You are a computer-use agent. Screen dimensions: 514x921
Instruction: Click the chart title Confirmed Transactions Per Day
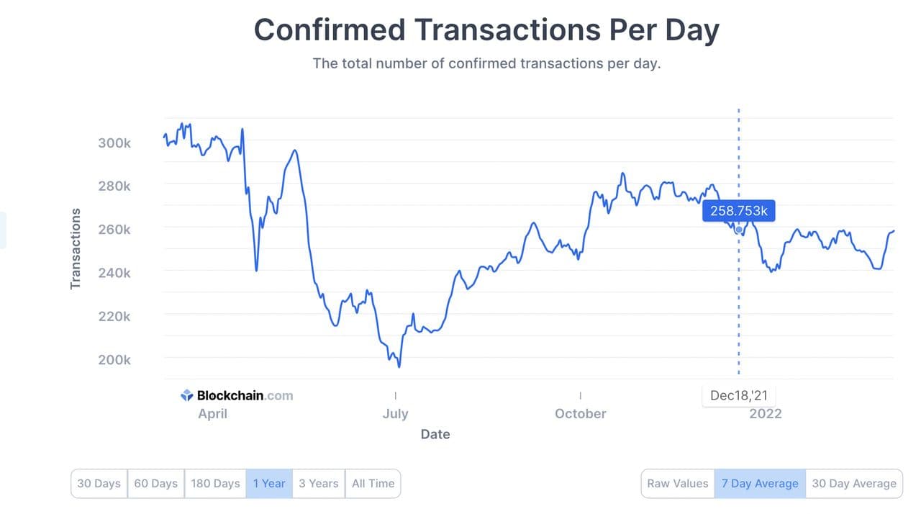click(486, 30)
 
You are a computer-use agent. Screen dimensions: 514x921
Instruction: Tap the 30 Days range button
click(99, 484)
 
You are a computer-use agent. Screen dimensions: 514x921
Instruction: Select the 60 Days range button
click(155, 484)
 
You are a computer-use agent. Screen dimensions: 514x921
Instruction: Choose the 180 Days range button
click(215, 484)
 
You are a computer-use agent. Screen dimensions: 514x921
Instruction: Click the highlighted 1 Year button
click(269, 484)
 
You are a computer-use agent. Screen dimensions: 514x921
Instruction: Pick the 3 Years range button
click(318, 484)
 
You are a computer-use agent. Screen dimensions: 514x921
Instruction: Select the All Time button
click(373, 484)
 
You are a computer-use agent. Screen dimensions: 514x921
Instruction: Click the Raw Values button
click(677, 484)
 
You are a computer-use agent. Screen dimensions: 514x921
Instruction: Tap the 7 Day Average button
click(760, 484)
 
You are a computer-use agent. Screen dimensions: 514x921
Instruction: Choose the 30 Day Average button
click(854, 484)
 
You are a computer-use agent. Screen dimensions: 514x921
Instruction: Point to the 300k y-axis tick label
click(114, 143)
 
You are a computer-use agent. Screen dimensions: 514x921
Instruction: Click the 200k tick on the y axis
click(114, 359)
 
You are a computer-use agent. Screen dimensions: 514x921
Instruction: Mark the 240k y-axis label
click(114, 273)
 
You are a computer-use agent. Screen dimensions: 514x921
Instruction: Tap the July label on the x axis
click(395, 414)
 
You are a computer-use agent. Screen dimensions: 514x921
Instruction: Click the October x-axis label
click(581, 414)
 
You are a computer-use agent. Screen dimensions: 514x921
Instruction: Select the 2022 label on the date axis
click(765, 414)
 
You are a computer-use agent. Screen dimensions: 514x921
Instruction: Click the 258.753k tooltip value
click(739, 211)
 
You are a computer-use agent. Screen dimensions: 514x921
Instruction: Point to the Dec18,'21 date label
click(739, 395)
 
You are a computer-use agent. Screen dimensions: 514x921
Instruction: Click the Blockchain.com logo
click(237, 395)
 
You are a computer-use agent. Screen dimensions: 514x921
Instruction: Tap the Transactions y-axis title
click(76, 249)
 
